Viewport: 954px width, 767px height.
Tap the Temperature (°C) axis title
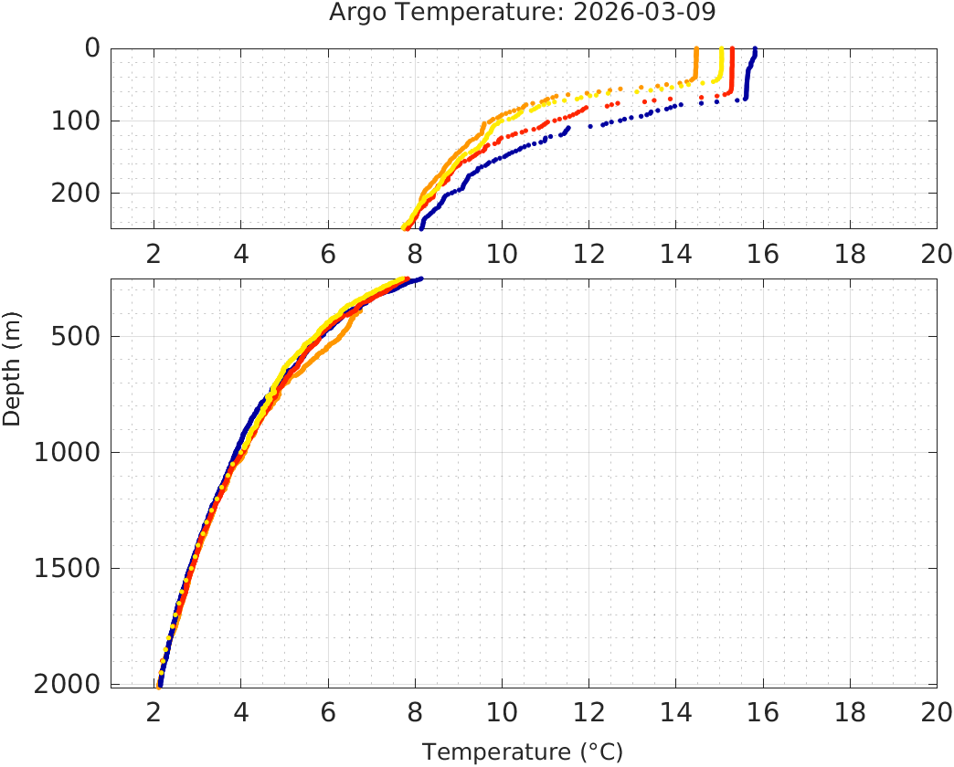click(523, 752)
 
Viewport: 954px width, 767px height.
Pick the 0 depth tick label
click(92, 48)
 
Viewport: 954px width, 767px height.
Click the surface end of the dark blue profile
click(755, 49)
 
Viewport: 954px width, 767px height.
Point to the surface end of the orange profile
click(696, 49)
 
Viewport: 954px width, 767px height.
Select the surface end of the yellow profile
click(722, 49)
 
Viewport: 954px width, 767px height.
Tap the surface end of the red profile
click(733, 49)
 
